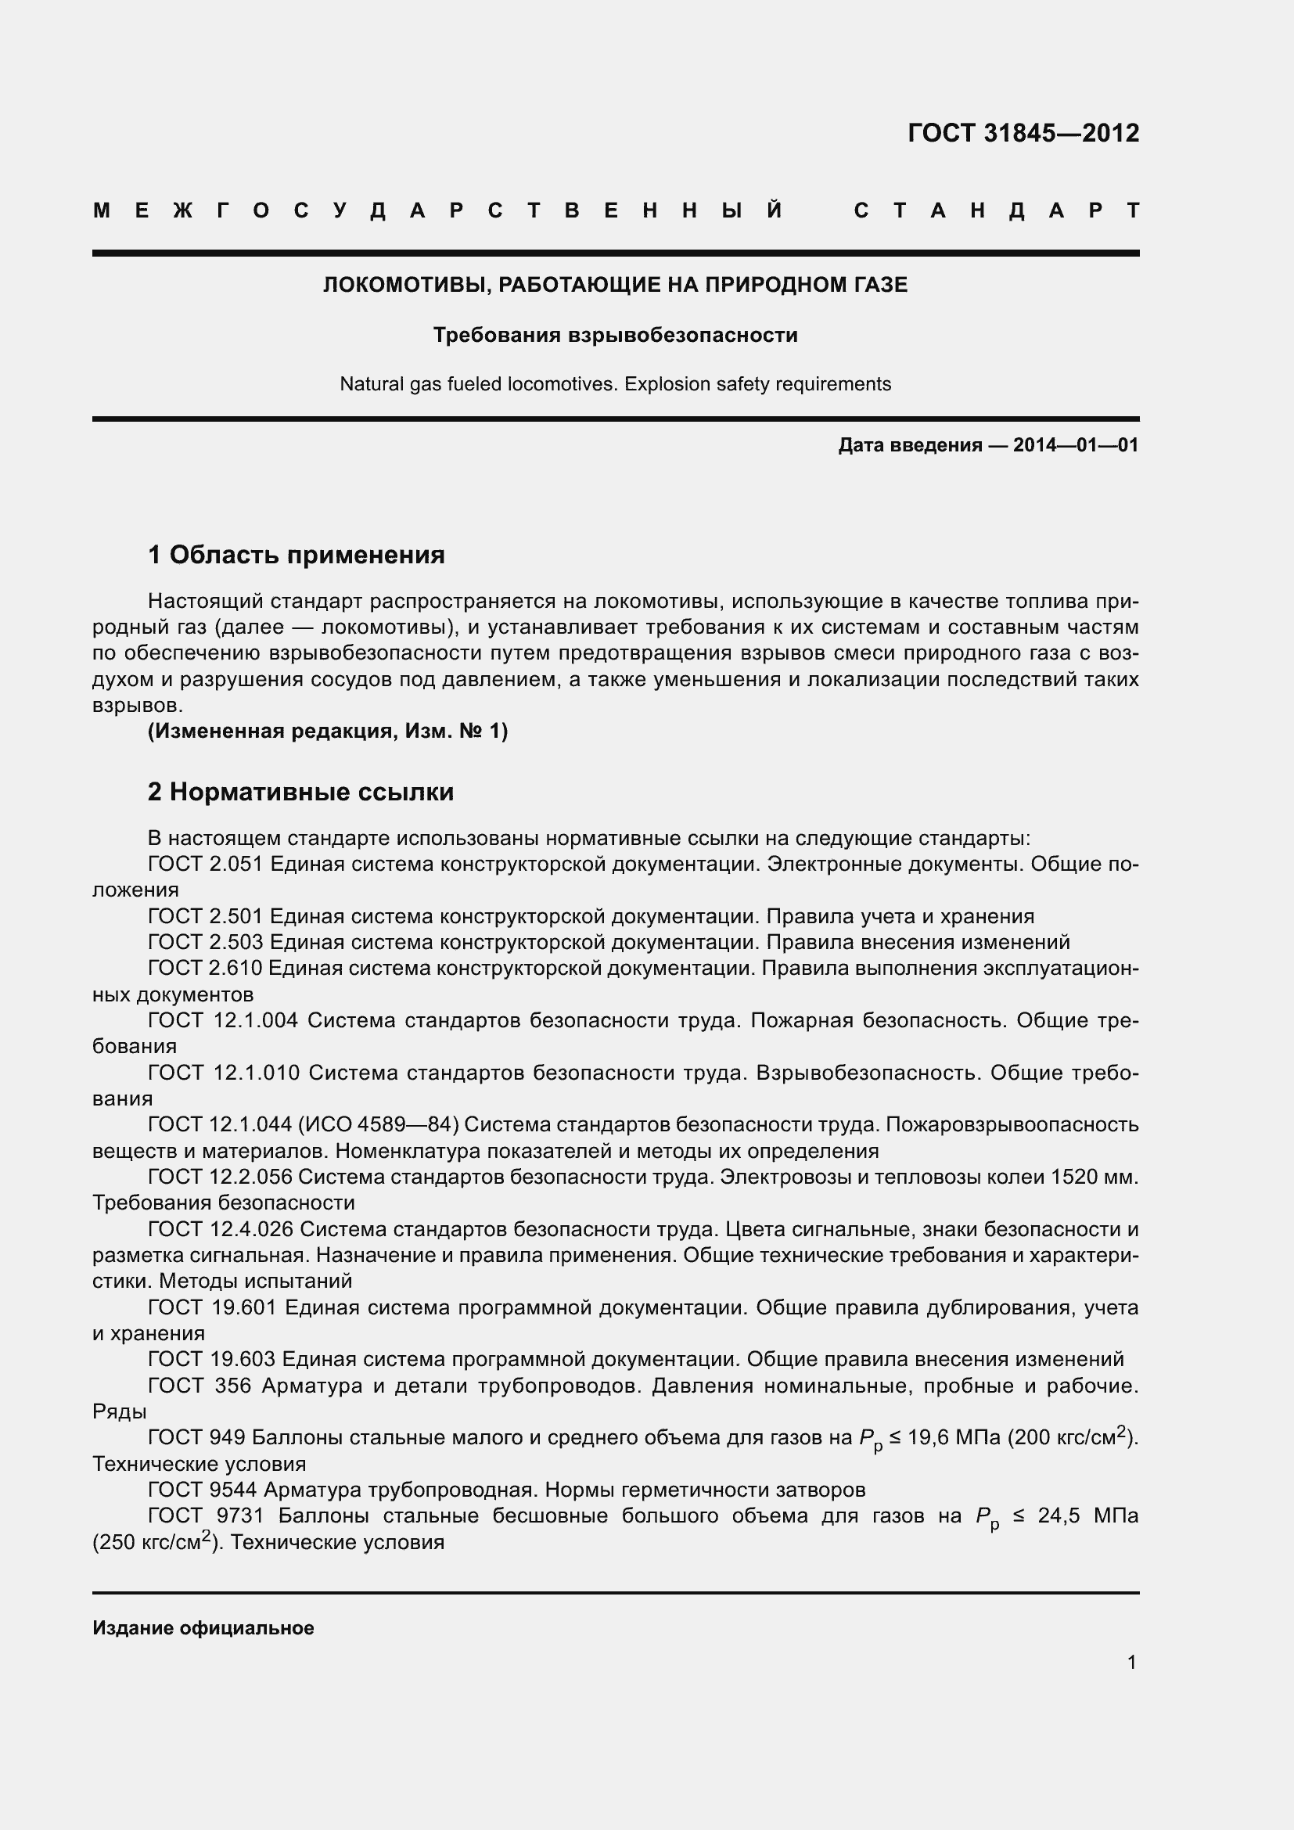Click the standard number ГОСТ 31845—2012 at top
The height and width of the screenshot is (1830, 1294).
1023,133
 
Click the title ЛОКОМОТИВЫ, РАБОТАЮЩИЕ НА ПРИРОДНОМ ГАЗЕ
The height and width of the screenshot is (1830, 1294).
615,285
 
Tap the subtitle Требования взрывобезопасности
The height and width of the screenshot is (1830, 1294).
615,335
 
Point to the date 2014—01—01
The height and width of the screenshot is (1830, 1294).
1075,444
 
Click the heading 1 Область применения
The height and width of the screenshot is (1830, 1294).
297,554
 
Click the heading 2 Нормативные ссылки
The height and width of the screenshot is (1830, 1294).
300,792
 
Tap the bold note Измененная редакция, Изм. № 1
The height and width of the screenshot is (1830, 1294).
328,730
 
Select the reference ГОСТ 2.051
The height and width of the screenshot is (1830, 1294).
206,864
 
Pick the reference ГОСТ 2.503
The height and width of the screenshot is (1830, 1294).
206,942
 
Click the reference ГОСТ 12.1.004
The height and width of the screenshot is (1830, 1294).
223,1020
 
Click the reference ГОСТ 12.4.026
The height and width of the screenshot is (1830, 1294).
221,1229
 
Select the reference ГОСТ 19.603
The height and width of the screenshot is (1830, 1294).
211,1359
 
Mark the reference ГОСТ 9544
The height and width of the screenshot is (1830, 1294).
203,1490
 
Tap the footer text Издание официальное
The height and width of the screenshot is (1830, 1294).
203,1627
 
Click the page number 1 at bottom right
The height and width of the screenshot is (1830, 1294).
1131,1662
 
